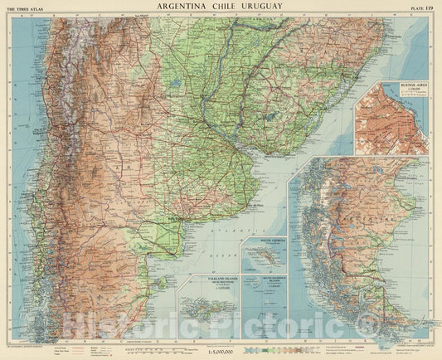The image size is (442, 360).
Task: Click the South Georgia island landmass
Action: [x=265, y=258]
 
